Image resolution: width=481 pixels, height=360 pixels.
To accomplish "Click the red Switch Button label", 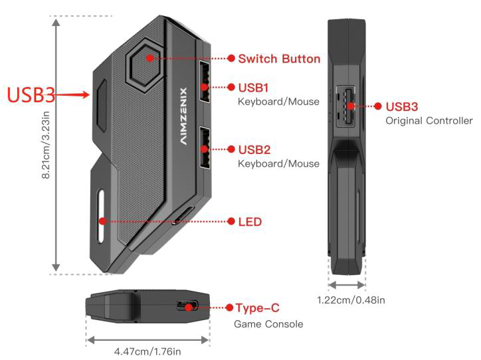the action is point(279,58).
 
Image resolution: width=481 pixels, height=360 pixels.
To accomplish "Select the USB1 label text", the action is point(254,87).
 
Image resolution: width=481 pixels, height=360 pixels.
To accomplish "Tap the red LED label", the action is point(250,221).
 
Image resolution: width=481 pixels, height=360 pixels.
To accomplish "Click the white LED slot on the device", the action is point(102,219).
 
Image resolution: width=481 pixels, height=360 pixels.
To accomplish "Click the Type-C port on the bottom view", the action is point(188,307).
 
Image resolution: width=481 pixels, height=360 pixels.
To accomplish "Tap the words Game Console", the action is point(268,324).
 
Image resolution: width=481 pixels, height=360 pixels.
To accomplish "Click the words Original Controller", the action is point(429,121).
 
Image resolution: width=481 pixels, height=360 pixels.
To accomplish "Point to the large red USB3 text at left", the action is point(31,94).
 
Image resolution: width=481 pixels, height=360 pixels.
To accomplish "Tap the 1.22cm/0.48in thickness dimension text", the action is point(351,300).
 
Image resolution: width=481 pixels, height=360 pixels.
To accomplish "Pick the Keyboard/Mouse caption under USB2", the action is point(278,163).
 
